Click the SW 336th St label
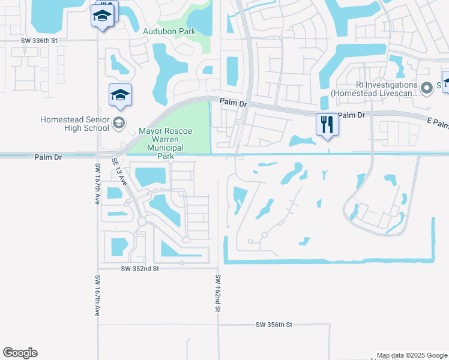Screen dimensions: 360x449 point(40,40)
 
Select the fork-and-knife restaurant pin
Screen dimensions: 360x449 point(327,125)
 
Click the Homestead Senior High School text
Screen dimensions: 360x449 point(75,124)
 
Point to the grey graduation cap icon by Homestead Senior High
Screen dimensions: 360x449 point(119,124)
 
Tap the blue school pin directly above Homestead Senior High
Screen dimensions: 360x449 point(120,95)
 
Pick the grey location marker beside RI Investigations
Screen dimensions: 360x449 point(427,89)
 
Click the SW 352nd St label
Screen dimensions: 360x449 point(139,269)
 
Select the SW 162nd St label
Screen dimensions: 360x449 point(218,293)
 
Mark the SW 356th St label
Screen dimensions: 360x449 point(274,325)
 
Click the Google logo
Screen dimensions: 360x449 point(20,353)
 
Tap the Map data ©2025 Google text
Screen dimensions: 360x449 point(411,355)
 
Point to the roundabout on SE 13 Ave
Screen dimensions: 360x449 point(142,221)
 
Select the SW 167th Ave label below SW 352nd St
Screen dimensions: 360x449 point(97,296)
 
